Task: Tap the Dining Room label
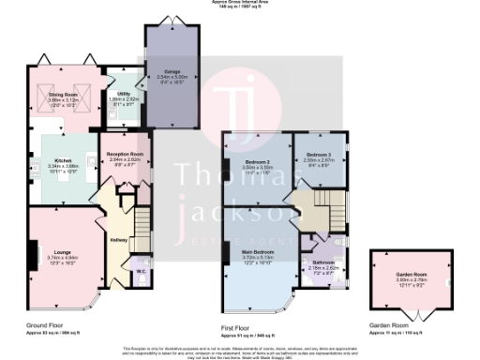coord(63,94)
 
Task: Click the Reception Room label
coord(125,154)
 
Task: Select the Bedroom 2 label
coord(257,161)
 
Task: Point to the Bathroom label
coord(324,262)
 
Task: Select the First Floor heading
coord(239,325)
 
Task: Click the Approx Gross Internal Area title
coord(240,3)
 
